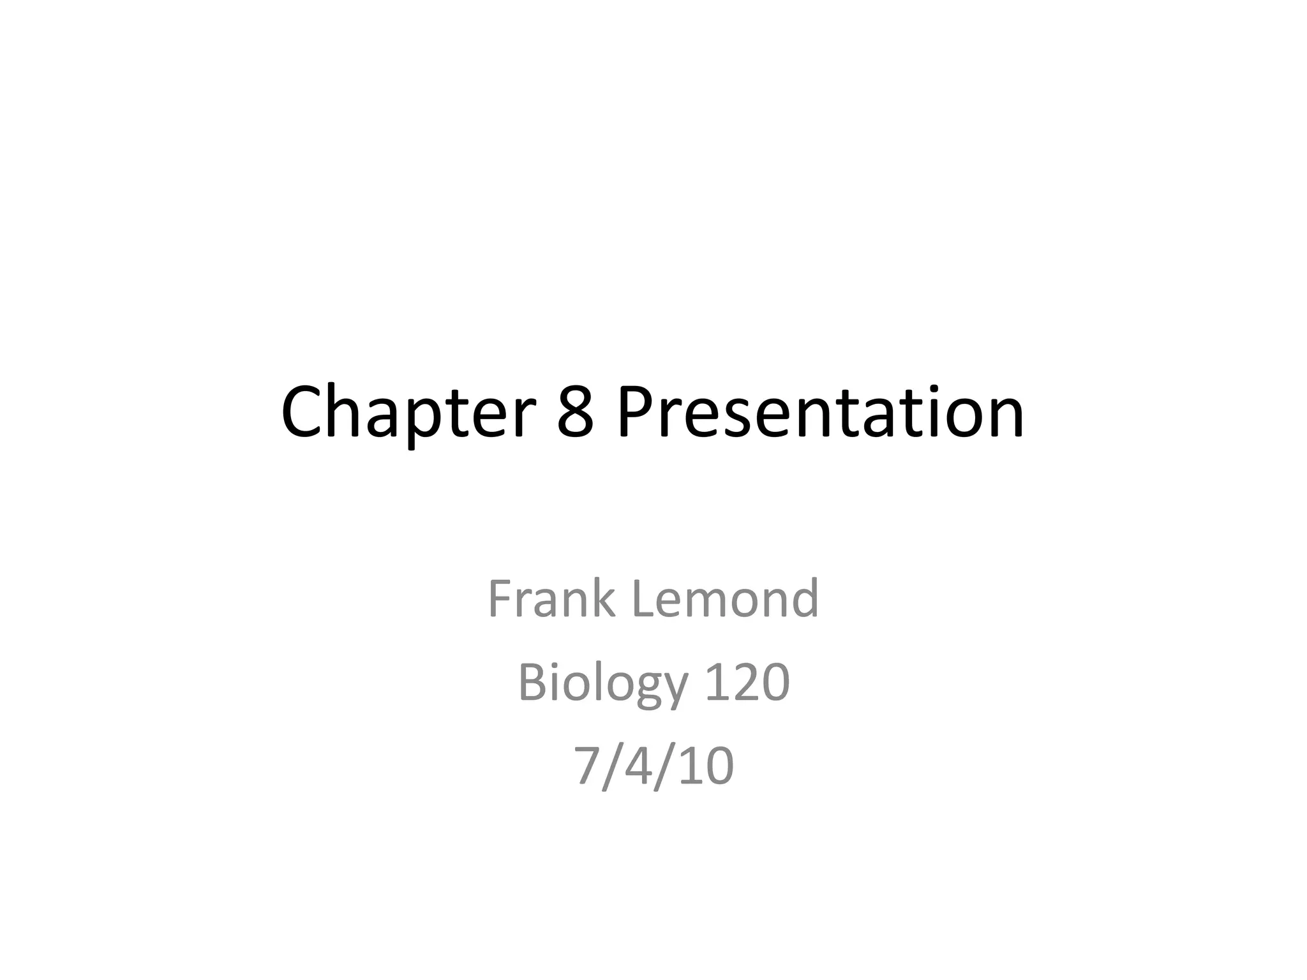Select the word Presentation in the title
point(821,413)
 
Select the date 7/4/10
point(653,766)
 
